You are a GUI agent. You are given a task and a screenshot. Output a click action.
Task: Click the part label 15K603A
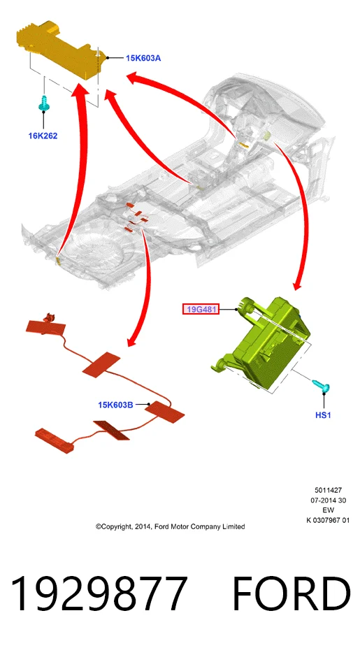pos(143,58)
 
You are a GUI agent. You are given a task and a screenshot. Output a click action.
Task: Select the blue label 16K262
pos(43,136)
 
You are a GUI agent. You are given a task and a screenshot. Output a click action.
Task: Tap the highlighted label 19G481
pos(201,309)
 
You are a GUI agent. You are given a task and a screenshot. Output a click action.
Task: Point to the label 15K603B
pos(115,405)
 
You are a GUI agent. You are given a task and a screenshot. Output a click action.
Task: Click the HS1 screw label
pos(323,415)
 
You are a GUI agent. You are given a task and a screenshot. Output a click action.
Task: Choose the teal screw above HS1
pos(321,384)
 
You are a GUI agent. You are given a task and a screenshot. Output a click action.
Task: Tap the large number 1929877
pos(99,594)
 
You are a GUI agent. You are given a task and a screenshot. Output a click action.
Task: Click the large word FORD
pos(291,594)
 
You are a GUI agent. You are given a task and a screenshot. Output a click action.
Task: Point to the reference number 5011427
pos(328,491)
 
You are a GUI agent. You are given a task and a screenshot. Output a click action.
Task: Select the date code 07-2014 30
pos(328,501)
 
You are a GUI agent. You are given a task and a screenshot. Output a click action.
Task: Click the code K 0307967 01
pos(328,520)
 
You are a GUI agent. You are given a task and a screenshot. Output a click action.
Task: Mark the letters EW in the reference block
pos(328,510)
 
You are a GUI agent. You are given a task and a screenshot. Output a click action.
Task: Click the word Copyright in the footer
pos(114,527)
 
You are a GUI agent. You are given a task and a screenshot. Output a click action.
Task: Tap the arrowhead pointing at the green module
pos(298,286)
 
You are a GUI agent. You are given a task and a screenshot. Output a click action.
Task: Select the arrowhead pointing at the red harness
pos(132,341)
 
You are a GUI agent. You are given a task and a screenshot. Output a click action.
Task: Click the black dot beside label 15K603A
pos(108,58)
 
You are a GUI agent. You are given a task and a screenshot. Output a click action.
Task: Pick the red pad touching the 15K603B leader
pos(164,412)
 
